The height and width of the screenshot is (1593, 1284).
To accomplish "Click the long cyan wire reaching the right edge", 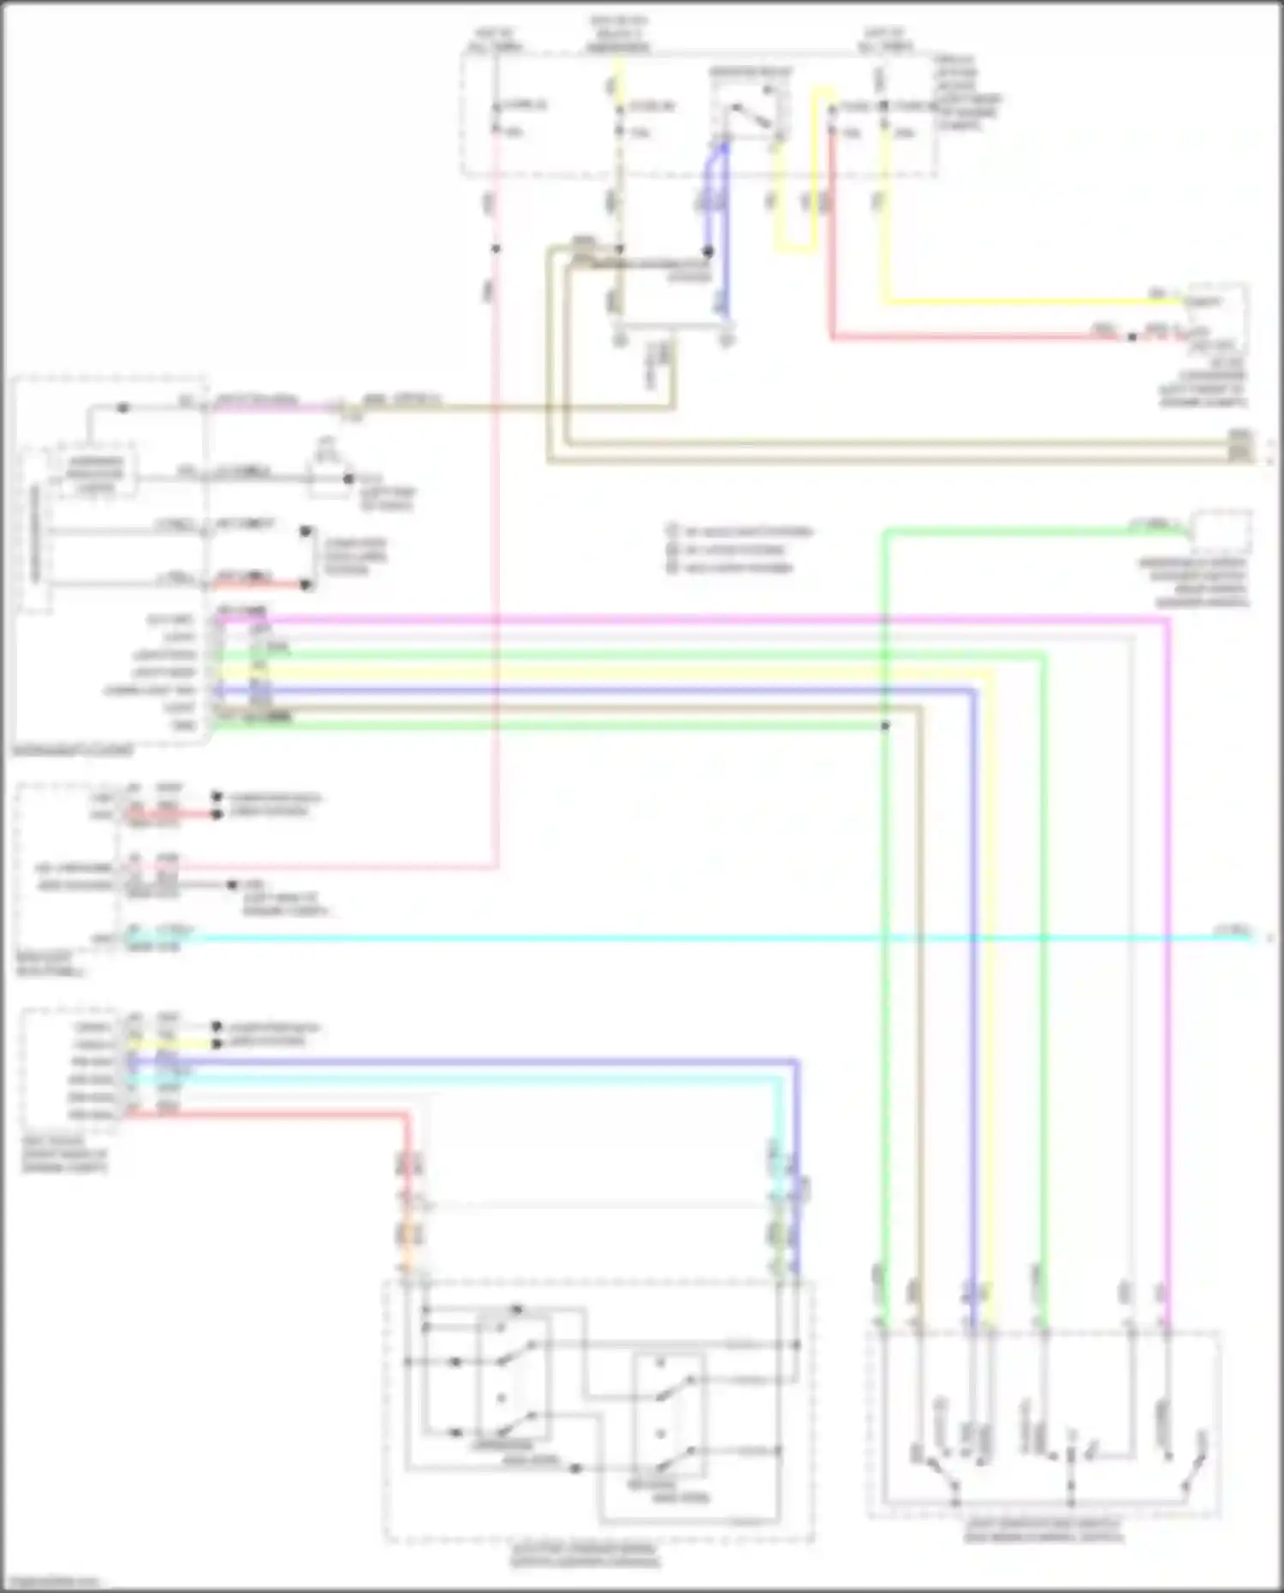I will tap(685, 938).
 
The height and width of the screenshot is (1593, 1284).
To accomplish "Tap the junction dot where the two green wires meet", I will tap(885, 726).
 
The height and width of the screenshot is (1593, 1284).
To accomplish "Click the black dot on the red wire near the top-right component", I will tap(1132, 337).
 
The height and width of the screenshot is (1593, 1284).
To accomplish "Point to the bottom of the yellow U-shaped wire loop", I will tap(795, 250).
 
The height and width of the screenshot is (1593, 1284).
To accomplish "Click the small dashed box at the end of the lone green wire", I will tap(1222, 531).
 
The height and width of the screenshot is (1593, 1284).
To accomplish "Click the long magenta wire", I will tap(685, 618).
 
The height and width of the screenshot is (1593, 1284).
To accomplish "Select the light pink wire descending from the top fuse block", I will tap(495, 514).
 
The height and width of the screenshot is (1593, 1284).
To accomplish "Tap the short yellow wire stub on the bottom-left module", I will tap(171, 1044).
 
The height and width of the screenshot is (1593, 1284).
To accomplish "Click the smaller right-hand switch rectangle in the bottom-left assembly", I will tap(669, 1415).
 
